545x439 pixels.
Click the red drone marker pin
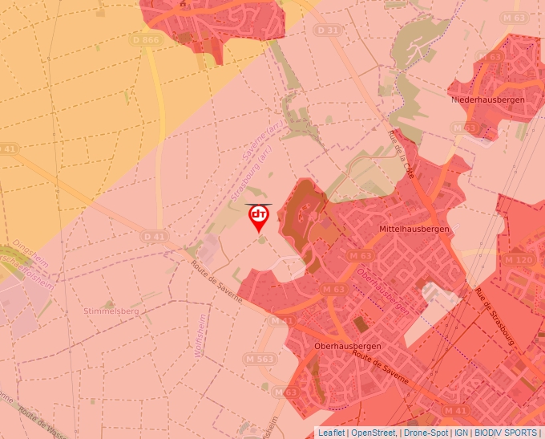pyautogui.click(x=259, y=217)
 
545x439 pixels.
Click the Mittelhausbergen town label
pyautogui.click(x=414, y=229)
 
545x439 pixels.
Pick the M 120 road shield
pyautogui.click(x=519, y=260)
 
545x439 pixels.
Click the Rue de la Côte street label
pyautogui.click(x=403, y=148)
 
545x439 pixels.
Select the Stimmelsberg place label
pyautogui.click(x=111, y=311)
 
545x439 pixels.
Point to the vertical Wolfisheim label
pyautogui.click(x=198, y=339)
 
